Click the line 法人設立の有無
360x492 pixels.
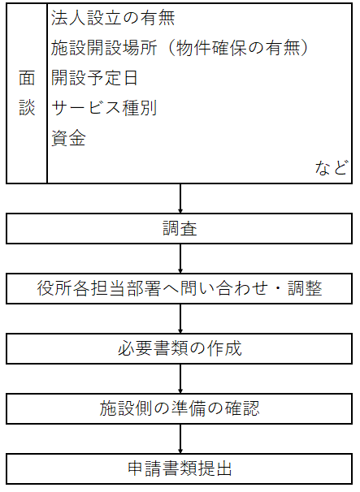click(x=113, y=18)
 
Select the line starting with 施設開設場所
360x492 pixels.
click(x=180, y=48)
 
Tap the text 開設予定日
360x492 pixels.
click(x=94, y=78)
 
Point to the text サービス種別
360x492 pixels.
click(x=104, y=108)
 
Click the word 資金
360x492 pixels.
click(x=68, y=138)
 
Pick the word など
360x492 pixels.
click(x=332, y=168)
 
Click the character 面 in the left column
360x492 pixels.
click(x=27, y=78)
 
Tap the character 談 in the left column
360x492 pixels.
click(x=27, y=108)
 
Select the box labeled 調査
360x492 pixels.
click(x=179, y=228)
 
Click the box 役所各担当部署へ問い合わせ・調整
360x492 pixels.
click(x=179, y=288)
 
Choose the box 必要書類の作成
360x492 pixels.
click(x=179, y=348)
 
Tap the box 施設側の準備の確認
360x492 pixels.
click(x=179, y=408)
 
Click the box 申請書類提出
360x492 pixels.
click(x=179, y=468)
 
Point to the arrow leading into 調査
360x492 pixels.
click(x=180, y=198)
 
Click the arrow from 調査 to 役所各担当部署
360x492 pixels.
click(x=180, y=258)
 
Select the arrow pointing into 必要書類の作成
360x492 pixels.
click(x=180, y=318)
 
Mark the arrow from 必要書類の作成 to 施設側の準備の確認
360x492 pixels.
click(x=180, y=378)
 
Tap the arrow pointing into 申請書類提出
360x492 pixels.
click(x=180, y=438)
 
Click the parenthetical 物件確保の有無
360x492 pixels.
click(x=238, y=48)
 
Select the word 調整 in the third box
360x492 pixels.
click(x=305, y=288)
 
